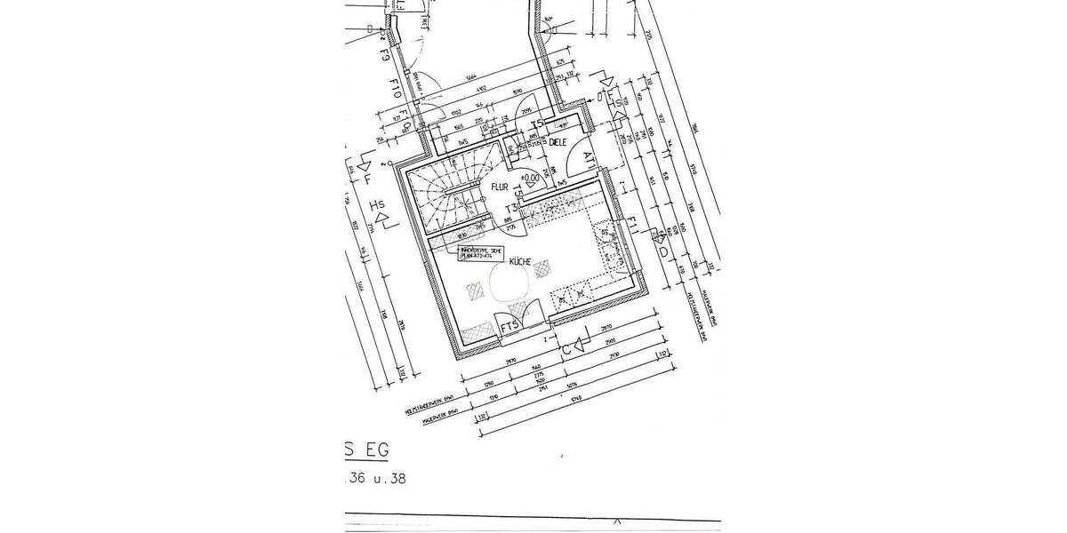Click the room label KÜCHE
tap(520, 262)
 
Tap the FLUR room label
tap(498, 187)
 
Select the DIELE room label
tap(558, 142)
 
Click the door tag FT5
tap(510, 328)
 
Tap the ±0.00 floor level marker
tap(531, 178)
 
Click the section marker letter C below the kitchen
tap(566, 349)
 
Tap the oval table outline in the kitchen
tap(510, 286)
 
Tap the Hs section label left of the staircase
tap(381, 209)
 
